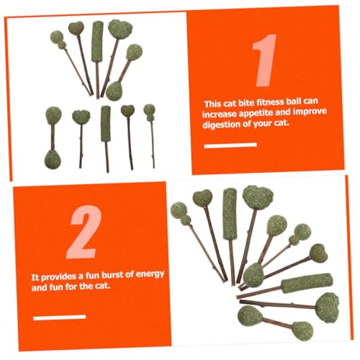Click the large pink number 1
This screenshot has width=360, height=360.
click(265, 60)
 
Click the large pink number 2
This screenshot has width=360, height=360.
click(85, 232)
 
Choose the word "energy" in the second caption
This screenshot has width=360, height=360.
click(150, 274)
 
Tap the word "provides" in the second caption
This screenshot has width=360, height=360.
click(58, 276)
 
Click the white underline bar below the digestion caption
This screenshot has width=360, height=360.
click(230, 145)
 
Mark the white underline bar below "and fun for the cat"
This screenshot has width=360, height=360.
click(60, 318)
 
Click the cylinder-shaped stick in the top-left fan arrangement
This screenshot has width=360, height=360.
click(97, 41)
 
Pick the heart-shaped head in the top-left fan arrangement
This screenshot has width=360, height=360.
click(76, 28)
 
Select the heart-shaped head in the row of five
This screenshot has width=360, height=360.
click(127, 110)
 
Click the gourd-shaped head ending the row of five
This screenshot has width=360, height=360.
click(150, 112)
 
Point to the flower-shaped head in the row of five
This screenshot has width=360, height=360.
click(81, 117)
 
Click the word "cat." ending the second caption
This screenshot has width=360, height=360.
click(101, 286)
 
